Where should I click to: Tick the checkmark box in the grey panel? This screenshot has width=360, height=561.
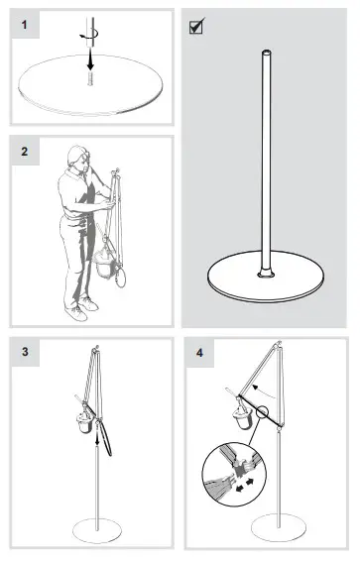pos(196,27)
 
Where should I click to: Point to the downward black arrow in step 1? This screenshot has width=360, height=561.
pos(89,61)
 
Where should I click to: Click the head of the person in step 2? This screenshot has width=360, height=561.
pos(76,157)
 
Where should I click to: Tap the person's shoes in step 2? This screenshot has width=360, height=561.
pos(79,309)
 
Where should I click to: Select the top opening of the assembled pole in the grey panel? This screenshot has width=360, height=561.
pos(265,53)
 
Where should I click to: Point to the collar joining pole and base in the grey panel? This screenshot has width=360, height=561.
pos(265,270)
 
